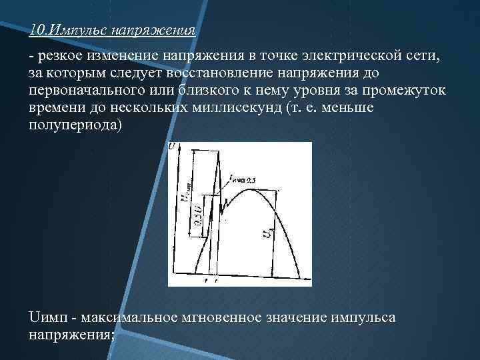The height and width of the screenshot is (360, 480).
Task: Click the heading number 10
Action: [38, 31]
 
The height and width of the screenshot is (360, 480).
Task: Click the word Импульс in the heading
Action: [79, 31]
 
